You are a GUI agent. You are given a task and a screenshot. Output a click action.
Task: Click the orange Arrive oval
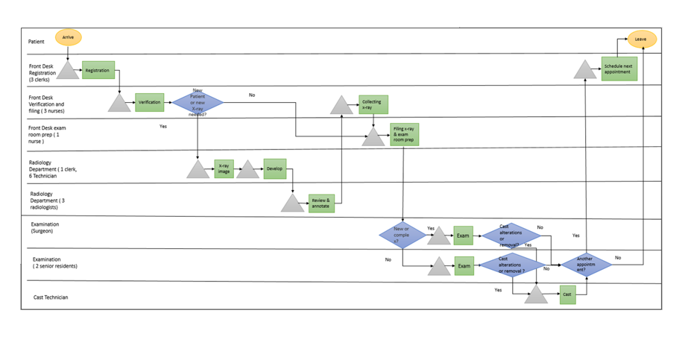(68, 37)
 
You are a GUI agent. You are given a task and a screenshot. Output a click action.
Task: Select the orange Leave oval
(641, 39)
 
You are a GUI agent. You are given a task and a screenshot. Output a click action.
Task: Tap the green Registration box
(98, 71)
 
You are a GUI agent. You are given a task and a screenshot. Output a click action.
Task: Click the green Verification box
(149, 102)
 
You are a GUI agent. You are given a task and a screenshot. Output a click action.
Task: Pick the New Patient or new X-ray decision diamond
(198, 102)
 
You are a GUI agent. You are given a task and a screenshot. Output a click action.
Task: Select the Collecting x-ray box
(373, 104)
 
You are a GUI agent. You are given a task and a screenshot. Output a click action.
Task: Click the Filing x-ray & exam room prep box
(404, 134)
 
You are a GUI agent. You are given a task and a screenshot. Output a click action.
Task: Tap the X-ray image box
(224, 169)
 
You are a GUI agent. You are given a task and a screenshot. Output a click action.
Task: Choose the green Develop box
(274, 169)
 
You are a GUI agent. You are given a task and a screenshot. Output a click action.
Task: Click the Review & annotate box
(321, 203)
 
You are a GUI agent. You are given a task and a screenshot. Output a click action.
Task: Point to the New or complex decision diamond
(402, 236)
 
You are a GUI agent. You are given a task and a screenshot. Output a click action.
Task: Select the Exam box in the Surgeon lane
(463, 236)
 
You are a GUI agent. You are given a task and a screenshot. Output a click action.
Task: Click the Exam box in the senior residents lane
(464, 265)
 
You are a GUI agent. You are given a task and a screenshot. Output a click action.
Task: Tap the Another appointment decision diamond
(586, 265)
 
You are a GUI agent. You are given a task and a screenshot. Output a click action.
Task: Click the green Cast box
(567, 294)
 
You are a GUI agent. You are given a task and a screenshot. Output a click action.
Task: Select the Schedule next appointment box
(619, 69)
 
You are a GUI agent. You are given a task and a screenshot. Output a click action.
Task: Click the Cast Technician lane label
(51, 297)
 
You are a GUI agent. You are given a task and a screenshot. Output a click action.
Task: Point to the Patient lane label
(37, 42)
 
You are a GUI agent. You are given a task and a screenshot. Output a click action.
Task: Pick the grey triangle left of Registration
(68, 72)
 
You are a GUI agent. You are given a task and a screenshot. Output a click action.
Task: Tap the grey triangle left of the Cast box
(535, 296)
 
